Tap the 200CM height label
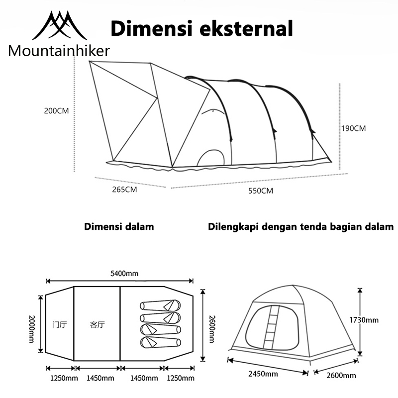pos(56,111)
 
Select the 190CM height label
pos(353,128)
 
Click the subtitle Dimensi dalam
pos(119,226)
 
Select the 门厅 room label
pos(60,324)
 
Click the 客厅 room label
pos(97,324)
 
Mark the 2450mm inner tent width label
pos(265,374)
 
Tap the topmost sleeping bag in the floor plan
pos(160,305)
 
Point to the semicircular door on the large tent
pos(210,158)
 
